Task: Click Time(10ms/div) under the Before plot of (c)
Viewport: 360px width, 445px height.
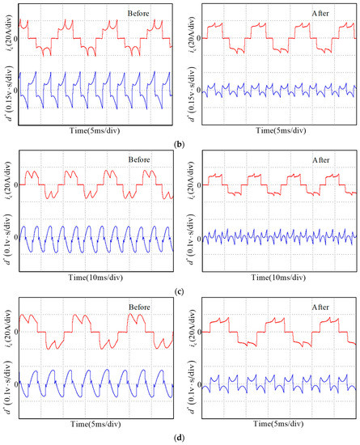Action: (95, 277)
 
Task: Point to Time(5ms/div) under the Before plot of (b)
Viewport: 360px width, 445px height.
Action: (95, 130)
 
